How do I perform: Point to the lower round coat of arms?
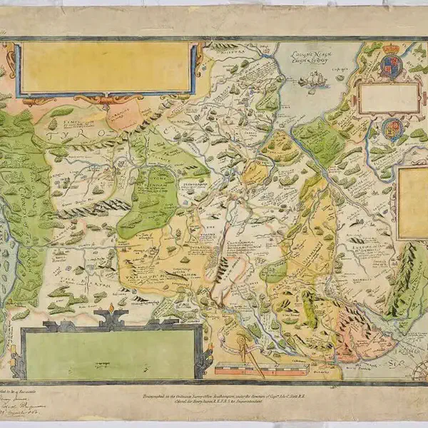click(392, 129)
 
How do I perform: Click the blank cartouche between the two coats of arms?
click(389, 98)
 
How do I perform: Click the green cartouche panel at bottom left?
click(111, 355)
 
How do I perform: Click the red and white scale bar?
click(261, 370)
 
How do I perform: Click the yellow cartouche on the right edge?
click(413, 203)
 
